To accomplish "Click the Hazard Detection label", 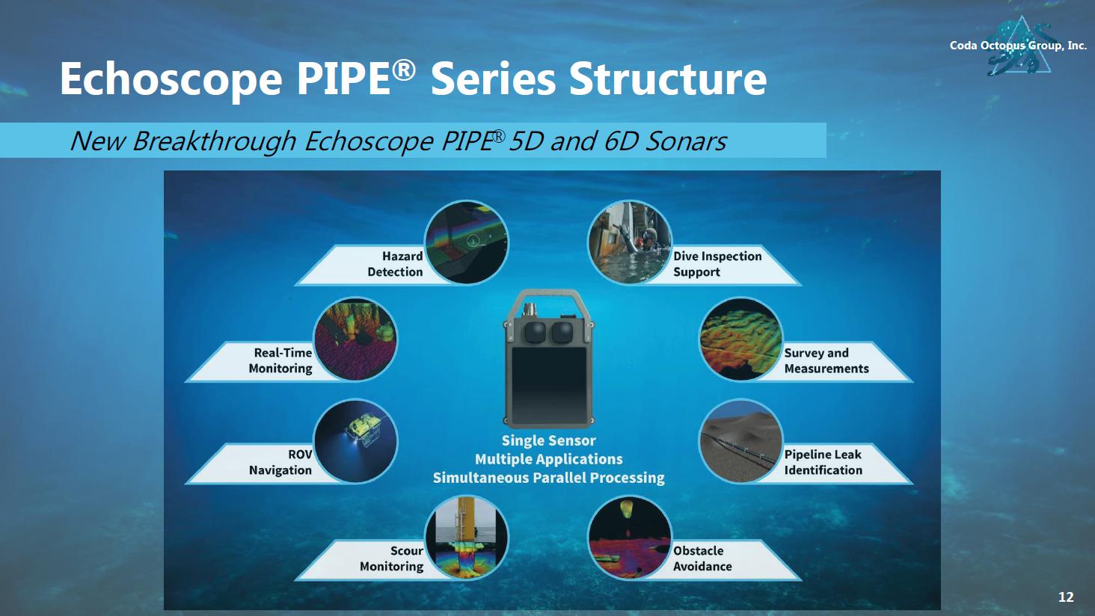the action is pos(395,264).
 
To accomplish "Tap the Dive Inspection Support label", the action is pos(717,264).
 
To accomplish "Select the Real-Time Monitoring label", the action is pos(280,360).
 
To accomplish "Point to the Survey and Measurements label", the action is pos(826,360).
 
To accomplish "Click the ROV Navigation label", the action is pos(280,462).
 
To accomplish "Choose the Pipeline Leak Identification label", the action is pos(823,462).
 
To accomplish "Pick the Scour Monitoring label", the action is pos(392,558).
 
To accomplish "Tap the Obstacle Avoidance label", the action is pos(702,558).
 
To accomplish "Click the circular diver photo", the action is pos(630,242).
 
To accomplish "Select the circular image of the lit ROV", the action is pos(355,441).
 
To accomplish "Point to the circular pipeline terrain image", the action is pos(740,441).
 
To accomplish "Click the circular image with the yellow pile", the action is pos(467,538).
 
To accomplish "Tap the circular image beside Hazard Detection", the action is pos(467,242).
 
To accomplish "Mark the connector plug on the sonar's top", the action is pos(530,310).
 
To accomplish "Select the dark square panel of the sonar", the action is pos(548,385).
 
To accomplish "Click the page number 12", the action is pos(1066,597).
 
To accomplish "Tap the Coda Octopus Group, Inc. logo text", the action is pos(1018,46).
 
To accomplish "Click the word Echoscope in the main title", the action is pos(171,79).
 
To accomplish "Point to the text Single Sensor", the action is pos(548,440).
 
